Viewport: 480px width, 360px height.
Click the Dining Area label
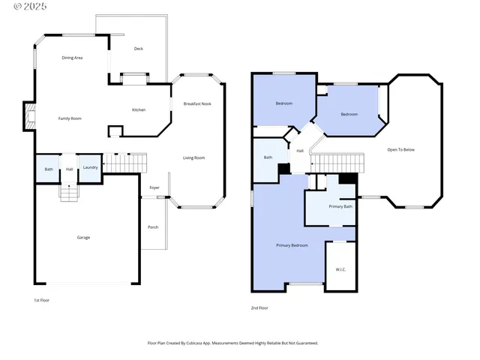[x=72, y=58]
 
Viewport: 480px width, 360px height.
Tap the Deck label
[x=138, y=49]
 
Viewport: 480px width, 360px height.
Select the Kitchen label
[x=139, y=110]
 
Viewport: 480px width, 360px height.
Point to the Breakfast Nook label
[x=197, y=103]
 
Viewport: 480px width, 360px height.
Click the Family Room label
[x=70, y=118]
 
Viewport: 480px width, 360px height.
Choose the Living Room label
[x=194, y=157]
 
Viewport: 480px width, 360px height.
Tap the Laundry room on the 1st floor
[x=90, y=168]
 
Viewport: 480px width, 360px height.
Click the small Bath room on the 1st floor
[x=48, y=169]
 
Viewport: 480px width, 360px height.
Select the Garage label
[x=83, y=238]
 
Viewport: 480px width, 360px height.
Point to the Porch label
[x=152, y=227]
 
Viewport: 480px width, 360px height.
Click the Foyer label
[x=154, y=187]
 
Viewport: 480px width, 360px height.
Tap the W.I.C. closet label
[x=340, y=270]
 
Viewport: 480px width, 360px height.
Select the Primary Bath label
[x=340, y=206]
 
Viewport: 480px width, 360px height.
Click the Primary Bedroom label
[x=292, y=246]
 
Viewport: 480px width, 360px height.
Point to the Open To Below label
[x=400, y=150]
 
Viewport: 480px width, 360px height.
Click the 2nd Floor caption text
[x=259, y=308]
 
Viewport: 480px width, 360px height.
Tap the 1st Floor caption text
[x=42, y=300]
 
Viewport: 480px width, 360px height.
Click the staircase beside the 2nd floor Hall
[x=337, y=163]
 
